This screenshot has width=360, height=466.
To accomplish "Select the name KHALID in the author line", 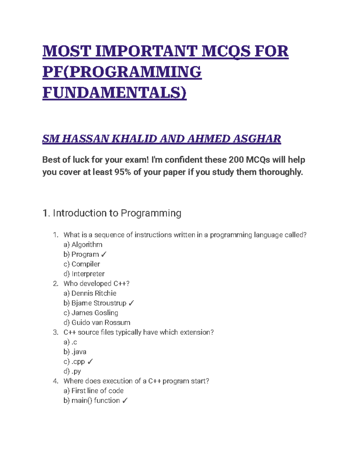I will tap(134, 139).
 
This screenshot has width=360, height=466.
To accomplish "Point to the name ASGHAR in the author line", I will tap(257, 139).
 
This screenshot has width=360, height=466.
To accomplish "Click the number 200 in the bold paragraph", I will tap(236, 160).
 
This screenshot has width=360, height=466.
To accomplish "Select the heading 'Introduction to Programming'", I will tap(117, 213).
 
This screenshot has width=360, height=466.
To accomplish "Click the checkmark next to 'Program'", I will tap(103, 254).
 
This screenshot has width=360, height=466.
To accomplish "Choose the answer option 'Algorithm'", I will tap(87, 245).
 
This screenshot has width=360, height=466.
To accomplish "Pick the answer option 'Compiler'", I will tap(85, 264).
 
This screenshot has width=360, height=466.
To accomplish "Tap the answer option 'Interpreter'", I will tap(88, 274).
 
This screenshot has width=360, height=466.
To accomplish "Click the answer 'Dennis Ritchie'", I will tap(94, 293).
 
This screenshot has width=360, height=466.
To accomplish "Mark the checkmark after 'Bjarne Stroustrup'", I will tap(131, 303).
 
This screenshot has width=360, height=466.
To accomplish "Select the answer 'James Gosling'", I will tap(94, 313).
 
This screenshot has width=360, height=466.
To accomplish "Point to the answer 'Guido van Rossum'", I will tap(101, 323).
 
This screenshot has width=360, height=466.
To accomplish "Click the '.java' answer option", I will tap(79, 352).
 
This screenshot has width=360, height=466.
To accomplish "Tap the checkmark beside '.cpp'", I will tap(90, 362).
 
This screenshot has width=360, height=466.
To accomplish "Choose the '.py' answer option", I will tap(76, 371).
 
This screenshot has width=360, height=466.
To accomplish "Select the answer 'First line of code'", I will tap(97, 391).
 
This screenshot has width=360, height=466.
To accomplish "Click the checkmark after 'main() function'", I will tap(125, 401).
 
